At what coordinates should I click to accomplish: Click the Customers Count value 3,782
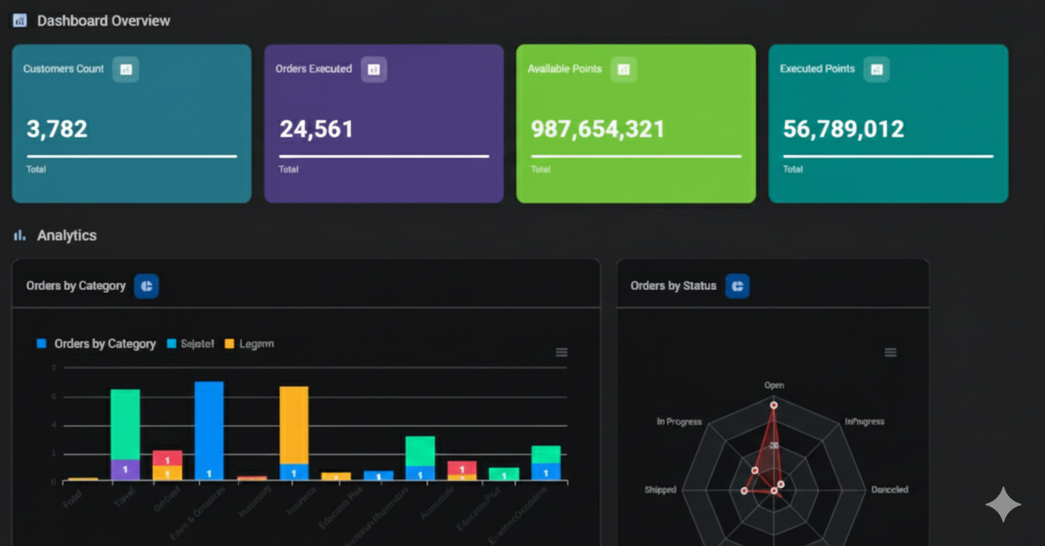point(57,129)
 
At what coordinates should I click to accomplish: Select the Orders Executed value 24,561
point(316,129)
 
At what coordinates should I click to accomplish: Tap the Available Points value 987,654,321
point(597,129)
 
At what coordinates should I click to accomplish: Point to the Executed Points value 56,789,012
point(843,129)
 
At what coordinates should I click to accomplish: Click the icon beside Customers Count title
point(125,69)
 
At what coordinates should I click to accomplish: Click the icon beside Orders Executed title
point(374,69)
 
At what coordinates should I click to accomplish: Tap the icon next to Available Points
point(623,69)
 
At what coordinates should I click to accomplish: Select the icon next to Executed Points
point(877,69)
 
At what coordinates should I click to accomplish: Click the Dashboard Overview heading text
point(103,21)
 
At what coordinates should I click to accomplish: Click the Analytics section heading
point(67,235)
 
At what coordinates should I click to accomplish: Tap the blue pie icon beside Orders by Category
point(146,286)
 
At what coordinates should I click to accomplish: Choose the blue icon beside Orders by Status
point(737,286)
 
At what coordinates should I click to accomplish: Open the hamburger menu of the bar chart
point(562,352)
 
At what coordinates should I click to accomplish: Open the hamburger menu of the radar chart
point(891,352)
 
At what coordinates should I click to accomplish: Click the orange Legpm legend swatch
point(229,343)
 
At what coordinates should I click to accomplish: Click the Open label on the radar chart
point(774,385)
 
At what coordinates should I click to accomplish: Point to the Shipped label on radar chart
point(660,490)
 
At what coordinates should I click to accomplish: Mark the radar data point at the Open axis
point(774,405)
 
